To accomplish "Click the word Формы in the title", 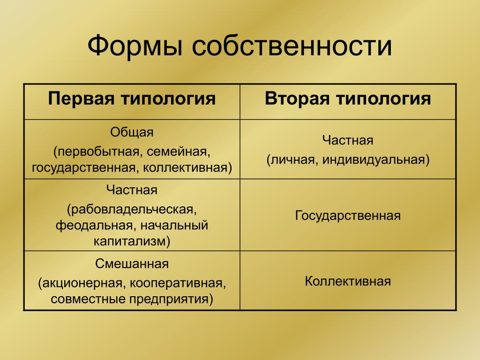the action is [135, 46].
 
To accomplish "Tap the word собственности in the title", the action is [292, 46].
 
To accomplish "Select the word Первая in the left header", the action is [81, 99].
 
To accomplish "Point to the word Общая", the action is [132, 133].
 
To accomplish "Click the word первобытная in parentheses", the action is [98, 152].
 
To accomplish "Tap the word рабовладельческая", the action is [132, 210].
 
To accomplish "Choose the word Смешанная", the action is [132, 263].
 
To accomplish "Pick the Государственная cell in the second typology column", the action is [348, 216].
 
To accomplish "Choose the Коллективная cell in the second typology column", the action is [348, 281].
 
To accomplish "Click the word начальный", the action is [174, 225].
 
